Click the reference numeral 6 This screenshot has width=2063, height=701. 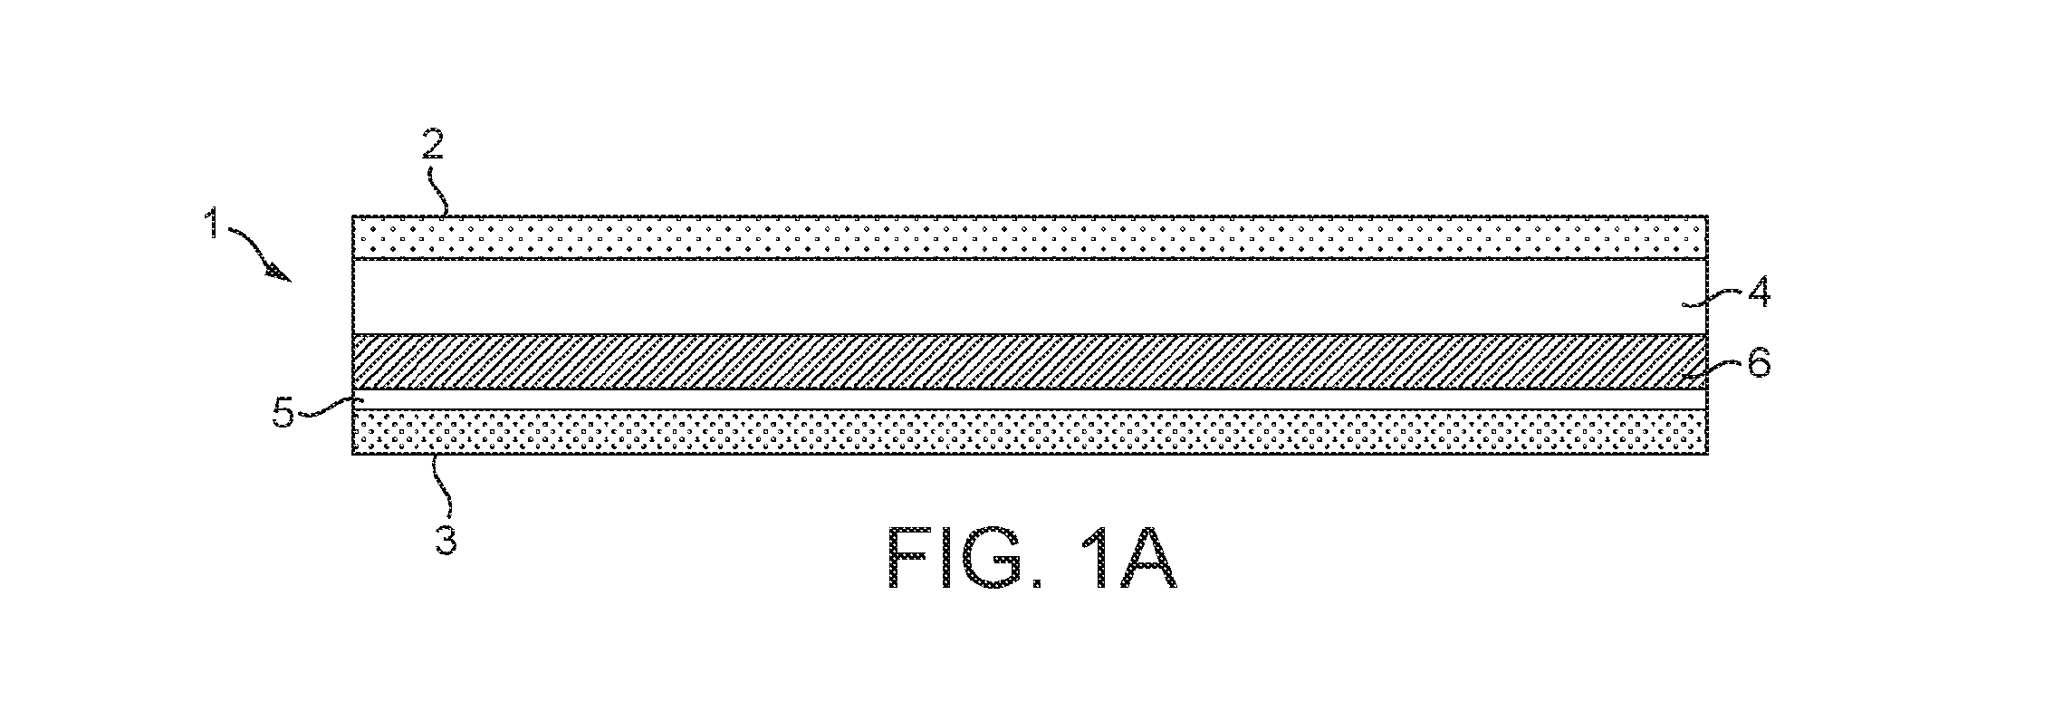[x=1760, y=365]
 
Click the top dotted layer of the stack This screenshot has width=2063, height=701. [x=1030, y=237]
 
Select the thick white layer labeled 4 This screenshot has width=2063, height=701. [x=1030, y=297]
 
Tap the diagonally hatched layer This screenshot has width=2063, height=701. [x=1030, y=362]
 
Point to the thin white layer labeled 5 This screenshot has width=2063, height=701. [x=1030, y=399]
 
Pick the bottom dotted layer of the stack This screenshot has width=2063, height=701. [x=1030, y=432]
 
